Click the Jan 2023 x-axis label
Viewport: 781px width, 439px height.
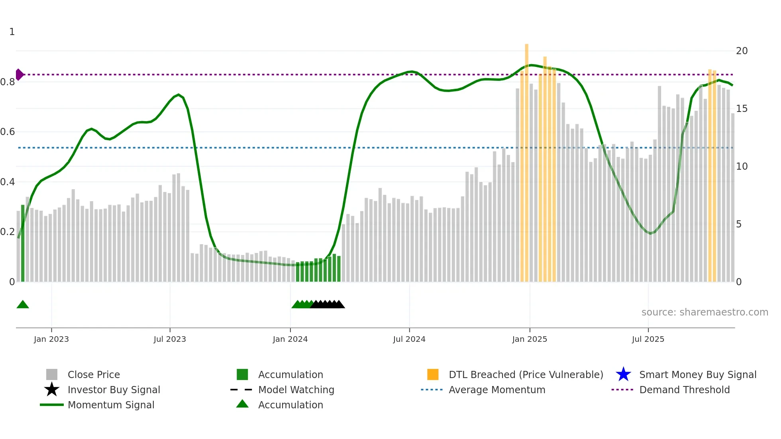pos(51,339)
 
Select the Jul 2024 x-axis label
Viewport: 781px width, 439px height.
pos(409,339)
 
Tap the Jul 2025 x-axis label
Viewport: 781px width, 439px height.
pos(648,339)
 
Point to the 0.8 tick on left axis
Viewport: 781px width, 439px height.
pos(8,82)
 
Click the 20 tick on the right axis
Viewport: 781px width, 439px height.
pos(742,51)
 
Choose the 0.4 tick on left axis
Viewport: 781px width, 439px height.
pos(8,182)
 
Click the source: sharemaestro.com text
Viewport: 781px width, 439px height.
pos(704,312)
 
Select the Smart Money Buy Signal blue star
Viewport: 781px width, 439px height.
pos(623,374)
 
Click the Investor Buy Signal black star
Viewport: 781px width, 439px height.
pos(52,390)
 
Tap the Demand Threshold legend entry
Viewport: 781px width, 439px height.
pos(684,390)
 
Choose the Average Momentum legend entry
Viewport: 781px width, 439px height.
pos(496,390)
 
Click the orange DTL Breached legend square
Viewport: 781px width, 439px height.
pos(433,374)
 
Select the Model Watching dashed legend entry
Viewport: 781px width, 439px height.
pos(296,390)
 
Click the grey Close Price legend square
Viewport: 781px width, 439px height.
pos(52,374)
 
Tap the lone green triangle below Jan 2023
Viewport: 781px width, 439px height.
pos(23,305)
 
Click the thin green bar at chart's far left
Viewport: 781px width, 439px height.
pos(23,243)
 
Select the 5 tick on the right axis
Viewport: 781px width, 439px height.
pos(739,224)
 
